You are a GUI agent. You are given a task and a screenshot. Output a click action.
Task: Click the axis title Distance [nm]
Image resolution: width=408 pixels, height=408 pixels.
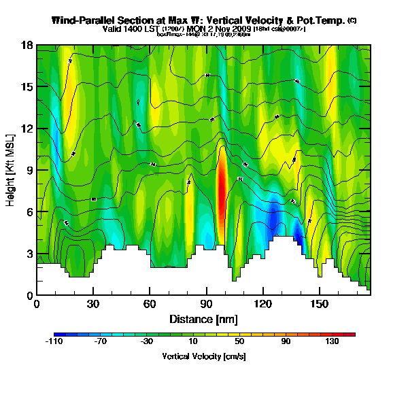[x=203, y=318]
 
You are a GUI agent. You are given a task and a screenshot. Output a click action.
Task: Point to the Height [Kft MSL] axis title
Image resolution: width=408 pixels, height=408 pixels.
[x=11, y=170]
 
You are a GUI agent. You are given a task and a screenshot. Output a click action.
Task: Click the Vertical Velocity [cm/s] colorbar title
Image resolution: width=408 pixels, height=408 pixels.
[x=204, y=356]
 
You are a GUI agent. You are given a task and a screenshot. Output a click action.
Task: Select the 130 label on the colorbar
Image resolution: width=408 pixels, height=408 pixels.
[x=332, y=341]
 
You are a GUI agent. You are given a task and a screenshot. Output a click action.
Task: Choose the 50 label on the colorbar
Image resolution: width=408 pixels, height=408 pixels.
[x=239, y=341]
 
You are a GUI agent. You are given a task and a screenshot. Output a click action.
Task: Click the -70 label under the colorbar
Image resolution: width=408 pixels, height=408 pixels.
[x=101, y=341]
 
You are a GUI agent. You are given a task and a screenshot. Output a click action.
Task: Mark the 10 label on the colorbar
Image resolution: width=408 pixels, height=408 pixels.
[x=193, y=341]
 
